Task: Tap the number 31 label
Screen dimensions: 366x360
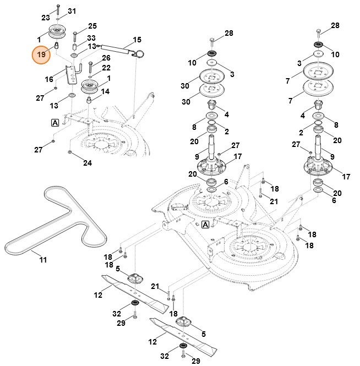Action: coord(72,11)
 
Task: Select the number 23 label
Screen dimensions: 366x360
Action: coord(46,18)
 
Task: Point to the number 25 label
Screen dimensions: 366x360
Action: coord(92,26)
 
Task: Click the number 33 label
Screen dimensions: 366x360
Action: coord(91,38)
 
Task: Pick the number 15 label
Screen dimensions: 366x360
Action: coord(137,40)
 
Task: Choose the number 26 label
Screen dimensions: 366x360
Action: coord(106,58)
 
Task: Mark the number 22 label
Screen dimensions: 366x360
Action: coord(106,68)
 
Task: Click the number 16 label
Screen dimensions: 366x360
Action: coord(49,79)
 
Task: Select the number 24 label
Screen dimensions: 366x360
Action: coord(88,162)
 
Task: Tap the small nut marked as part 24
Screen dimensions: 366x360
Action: coord(69,151)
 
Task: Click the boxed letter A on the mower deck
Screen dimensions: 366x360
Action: coord(205,225)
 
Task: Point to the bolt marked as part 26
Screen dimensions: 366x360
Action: coord(90,69)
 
